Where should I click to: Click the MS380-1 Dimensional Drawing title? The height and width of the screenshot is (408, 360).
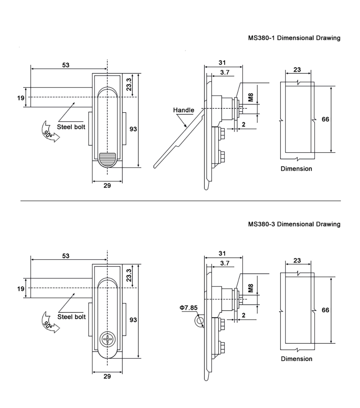[294, 38]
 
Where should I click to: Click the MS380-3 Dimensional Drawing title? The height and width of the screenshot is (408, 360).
[294, 224]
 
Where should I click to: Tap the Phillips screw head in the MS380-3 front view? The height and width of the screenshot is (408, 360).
[107, 340]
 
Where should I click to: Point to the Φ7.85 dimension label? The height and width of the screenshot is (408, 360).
[189, 308]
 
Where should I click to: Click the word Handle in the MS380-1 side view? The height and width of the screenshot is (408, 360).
[183, 110]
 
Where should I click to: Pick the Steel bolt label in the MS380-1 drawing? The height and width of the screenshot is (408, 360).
[71, 126]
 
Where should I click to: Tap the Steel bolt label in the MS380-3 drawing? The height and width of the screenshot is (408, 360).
[71, 317]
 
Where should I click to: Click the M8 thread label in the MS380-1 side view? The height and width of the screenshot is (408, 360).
[251, 97]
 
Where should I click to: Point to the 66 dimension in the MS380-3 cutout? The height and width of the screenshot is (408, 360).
[325, 310]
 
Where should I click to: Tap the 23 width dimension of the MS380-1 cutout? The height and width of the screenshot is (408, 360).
[297, 69]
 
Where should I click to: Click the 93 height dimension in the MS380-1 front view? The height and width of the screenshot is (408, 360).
[133, 129]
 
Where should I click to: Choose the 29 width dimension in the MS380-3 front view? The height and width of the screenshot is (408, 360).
[107, 376]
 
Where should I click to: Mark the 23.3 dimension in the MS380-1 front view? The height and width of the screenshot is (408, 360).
[129, 85]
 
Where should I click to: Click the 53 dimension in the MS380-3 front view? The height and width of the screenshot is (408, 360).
[66, 256]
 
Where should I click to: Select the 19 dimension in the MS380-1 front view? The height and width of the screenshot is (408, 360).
[21, 98]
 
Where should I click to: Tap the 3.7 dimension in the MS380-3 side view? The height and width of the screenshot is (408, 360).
[225, 263]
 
